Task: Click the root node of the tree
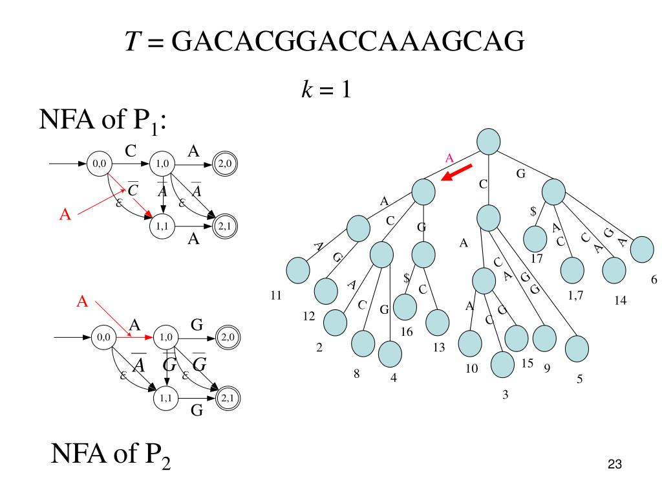click(489, 141)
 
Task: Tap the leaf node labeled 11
click(298, 270)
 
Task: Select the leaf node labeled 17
click(535, 238)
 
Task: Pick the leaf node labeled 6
click(642, 250)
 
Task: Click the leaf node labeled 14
click(614, 271)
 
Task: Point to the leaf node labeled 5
click(577, 349)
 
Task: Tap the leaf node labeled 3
click(503, 366)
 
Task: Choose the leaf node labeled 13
click(438, 322)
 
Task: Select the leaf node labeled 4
click(390, 353)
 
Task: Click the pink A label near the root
click(450, 158)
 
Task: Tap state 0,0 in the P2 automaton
click(102, 337)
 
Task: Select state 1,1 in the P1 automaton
click(162, 226)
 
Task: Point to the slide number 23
click(614, 464)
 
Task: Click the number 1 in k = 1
click(345, 89)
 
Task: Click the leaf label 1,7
click(576, 296)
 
